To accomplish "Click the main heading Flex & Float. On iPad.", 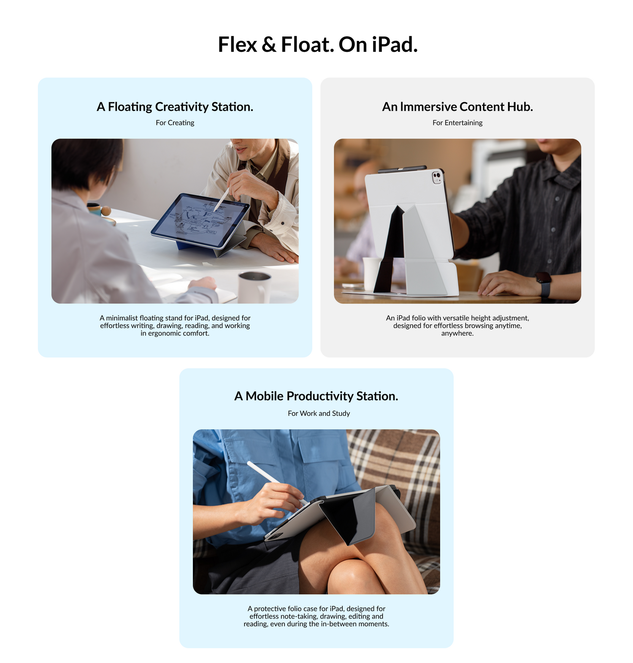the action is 318,44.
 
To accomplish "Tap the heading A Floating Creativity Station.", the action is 175,107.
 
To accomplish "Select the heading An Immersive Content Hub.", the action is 457,107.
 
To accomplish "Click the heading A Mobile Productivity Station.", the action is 316,396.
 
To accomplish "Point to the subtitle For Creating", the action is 175,123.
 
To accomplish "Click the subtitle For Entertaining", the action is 457,123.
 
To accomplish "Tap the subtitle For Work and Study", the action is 319,413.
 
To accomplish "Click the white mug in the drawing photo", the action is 254,288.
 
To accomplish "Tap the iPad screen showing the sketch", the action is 200,220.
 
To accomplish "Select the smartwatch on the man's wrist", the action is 544,284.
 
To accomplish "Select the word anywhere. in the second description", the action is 457,334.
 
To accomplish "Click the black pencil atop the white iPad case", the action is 402,169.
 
